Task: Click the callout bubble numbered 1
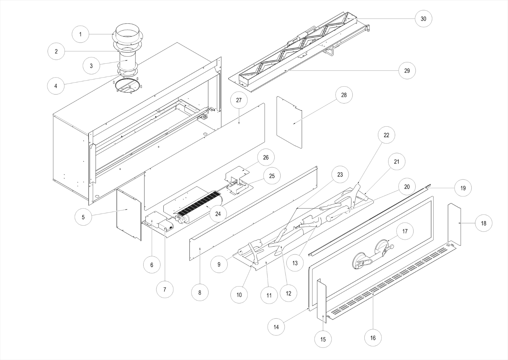point(80,34)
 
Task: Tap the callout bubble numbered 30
point(423,19)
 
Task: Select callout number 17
point(405,231)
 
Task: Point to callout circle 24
point(218,214)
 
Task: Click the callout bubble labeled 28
point(344,95)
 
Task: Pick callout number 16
point(373,338)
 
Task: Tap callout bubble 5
point(83,217)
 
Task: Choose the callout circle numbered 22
point(386,135)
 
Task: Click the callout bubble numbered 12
point(288,294)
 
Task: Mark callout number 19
point(463,188)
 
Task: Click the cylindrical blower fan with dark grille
point(198,207)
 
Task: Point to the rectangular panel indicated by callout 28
point(289,122)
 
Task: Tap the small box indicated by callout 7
point(166,226)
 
